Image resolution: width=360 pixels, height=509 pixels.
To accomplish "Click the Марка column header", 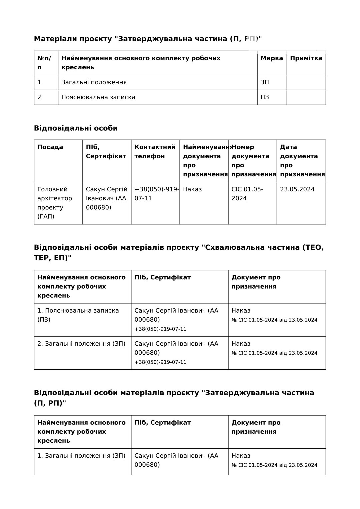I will [272, 58].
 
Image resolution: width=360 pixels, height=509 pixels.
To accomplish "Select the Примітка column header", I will [306, 58].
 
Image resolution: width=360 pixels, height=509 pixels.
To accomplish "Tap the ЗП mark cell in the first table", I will [265, 82].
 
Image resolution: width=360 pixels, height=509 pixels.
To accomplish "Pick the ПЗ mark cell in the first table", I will [265, 97].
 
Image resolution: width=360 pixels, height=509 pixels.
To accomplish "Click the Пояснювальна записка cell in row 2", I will [98, 97].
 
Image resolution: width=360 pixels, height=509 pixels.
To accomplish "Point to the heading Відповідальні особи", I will [76, 128].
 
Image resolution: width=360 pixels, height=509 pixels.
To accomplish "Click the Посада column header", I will [50, 147].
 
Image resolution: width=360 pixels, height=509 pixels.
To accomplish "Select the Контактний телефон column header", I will [155, 152].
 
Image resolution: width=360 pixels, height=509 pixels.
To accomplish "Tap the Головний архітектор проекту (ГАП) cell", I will [55, 203].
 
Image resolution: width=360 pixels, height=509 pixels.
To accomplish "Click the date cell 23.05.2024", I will [297, 189].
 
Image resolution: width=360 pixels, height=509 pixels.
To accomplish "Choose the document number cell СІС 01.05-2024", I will [247, 194].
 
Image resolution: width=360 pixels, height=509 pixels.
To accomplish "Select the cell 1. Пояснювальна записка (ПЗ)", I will [78, 315].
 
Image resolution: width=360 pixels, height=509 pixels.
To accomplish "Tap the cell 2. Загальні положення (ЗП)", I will [81, 344].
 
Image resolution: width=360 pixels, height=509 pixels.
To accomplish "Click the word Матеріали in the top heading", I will [55, 39].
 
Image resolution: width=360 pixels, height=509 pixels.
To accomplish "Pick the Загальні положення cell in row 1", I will [94, 82].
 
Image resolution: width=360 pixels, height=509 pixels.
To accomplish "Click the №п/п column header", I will [44, 63].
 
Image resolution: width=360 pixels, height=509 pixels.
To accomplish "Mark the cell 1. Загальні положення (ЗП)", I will [81, 456].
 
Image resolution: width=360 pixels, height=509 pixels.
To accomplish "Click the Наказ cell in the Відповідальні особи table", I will [192, 189].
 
